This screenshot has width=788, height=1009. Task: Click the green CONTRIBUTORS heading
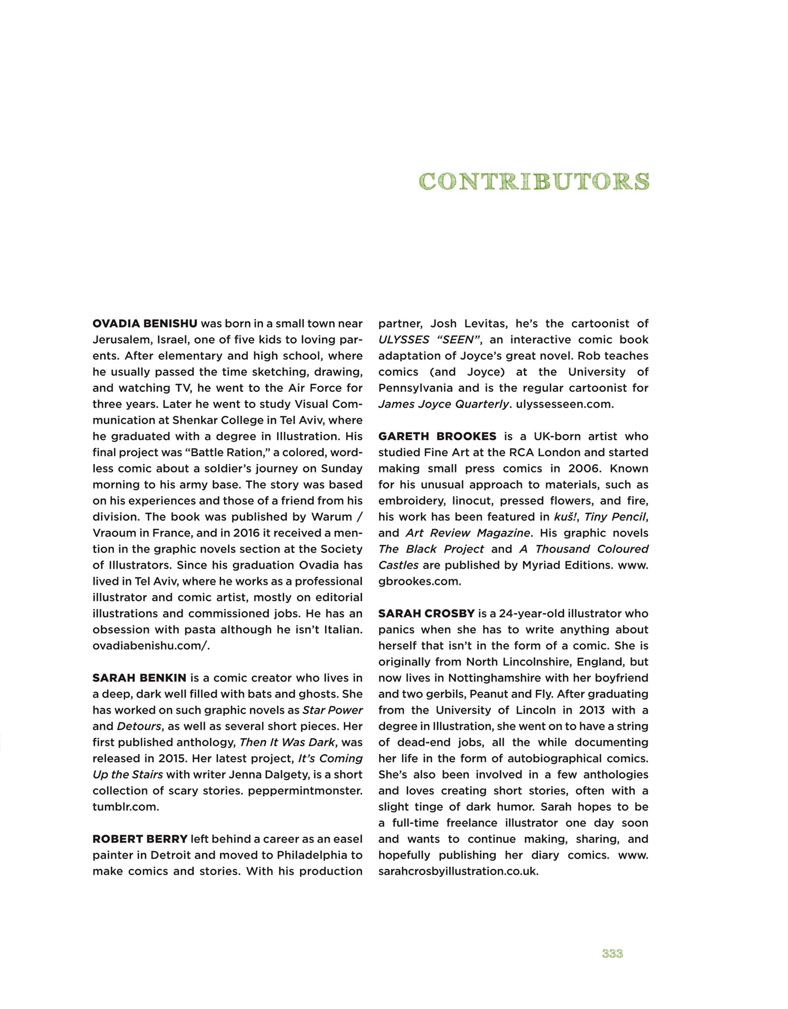tap(534, 181)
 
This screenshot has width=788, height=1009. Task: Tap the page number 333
tap(612, 954)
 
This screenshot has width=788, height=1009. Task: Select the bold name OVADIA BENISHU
tap(145, 324)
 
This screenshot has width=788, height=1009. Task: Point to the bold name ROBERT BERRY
tap(140, 839)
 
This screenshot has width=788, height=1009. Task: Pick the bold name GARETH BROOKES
tap(437, 436)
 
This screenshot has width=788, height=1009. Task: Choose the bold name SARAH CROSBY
tap(427, 613)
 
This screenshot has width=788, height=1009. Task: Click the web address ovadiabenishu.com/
tap(151, 645)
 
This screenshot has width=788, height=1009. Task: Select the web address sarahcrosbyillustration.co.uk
tap(458, 871)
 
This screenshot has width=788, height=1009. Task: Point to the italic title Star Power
tap(332, 710)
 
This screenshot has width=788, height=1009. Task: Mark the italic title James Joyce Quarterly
tap(444, 404)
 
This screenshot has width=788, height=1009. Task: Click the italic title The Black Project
tap(431, 549)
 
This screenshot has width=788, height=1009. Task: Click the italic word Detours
tap(139, 726)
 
